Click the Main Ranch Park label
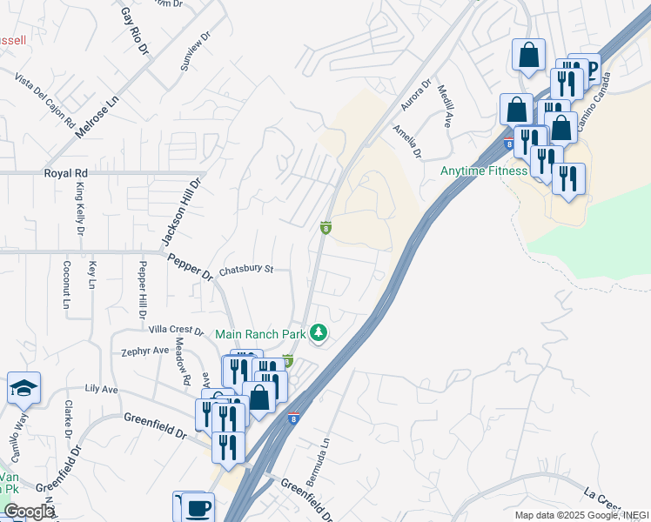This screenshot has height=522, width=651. (260, 334)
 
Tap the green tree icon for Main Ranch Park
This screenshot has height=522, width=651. (319, 333)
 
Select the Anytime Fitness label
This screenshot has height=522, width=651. (484, 171)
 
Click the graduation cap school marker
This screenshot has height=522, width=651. (23, 389)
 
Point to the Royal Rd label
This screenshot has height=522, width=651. (66, 173)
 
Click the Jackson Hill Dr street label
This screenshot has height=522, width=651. (181, 212)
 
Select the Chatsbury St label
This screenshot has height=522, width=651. (246, 270)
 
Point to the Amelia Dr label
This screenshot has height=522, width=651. (406, 141)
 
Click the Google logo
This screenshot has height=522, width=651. (30, 512)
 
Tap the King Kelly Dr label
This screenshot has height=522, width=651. (79, 209)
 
